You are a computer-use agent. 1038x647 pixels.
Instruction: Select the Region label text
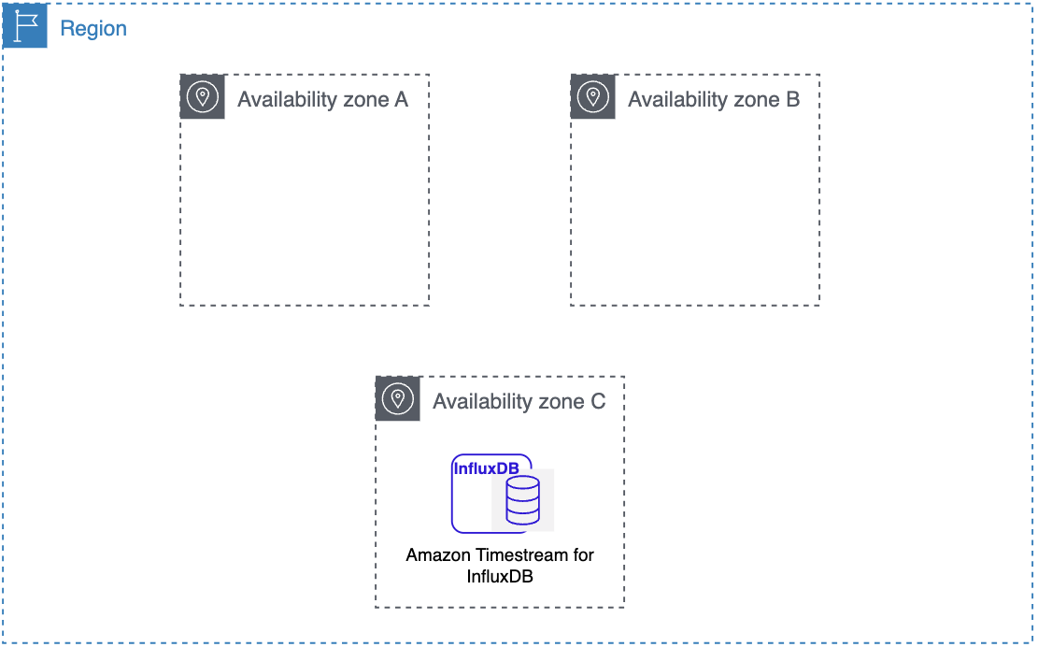[x=93, y=28]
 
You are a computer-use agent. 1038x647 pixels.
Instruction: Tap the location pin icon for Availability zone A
[x=202, y=96]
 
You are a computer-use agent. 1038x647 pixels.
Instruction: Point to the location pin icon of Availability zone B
[x=592, y=96]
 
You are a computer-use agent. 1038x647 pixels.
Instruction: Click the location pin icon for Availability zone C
[x=397, y=398]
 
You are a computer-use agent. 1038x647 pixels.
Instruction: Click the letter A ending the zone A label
[x=401, y=99]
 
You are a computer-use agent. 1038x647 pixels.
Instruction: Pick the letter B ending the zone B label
[x=792, y=99]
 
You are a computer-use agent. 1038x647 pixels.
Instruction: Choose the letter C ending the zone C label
[x=597, y=401]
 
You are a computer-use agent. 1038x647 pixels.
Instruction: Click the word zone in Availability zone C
[x=559, y=401]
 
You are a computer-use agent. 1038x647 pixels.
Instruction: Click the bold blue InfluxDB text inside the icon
[x=486, y=468]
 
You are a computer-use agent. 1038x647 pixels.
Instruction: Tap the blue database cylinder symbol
[x=522, y=499]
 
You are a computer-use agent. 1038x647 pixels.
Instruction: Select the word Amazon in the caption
[x=435, y=554]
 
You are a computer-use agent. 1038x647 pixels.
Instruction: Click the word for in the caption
[x=583, y=554]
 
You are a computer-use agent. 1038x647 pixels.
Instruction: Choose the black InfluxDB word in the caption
[x=500, y=576]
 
